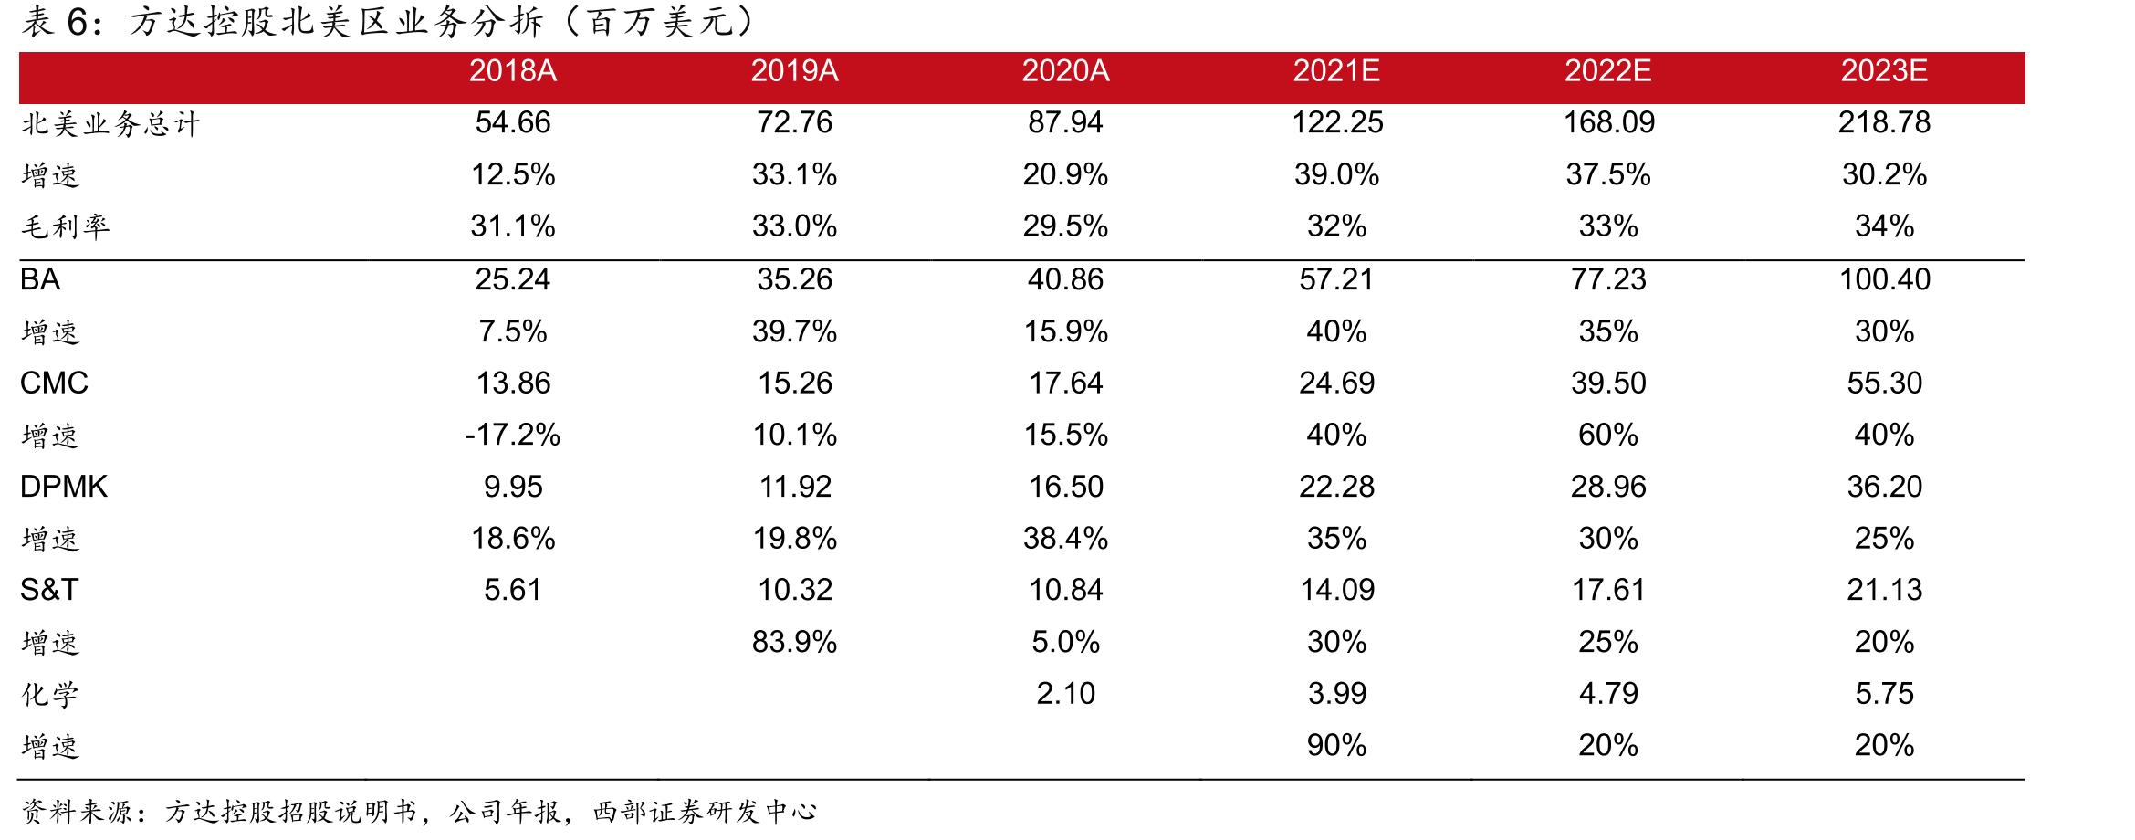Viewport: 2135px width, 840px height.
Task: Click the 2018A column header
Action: (513, 70)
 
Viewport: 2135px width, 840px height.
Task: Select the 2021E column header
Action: (1336, 70)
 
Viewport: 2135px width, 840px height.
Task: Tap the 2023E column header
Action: (1884, 70)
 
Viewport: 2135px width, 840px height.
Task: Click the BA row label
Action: (40, 279)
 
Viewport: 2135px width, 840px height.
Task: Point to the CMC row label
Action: (54, 383)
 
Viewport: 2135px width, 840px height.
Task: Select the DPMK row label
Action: (64, 487)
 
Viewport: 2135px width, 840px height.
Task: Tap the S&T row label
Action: (49, 590)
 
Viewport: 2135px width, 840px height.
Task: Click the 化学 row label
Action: (50, 695)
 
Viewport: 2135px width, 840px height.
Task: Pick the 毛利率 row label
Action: (66, 226)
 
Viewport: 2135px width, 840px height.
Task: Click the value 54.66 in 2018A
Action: (513, 122)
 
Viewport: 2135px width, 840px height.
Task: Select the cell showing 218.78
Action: (1884, 122)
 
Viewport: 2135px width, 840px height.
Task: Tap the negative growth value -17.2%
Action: (513, 435)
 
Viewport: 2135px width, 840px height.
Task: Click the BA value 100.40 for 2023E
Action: (1884, 279)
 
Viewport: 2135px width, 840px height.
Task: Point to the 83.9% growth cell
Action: (794, 642)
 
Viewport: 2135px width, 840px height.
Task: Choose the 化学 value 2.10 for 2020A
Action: (1065, 694)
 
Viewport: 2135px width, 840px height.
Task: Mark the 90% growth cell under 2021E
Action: (1336, 746)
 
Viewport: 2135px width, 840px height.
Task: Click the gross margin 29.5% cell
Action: (1065, 226)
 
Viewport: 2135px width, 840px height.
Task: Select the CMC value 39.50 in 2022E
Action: (1608, 383)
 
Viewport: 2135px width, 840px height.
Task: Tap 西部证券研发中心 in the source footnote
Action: (704, 811)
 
